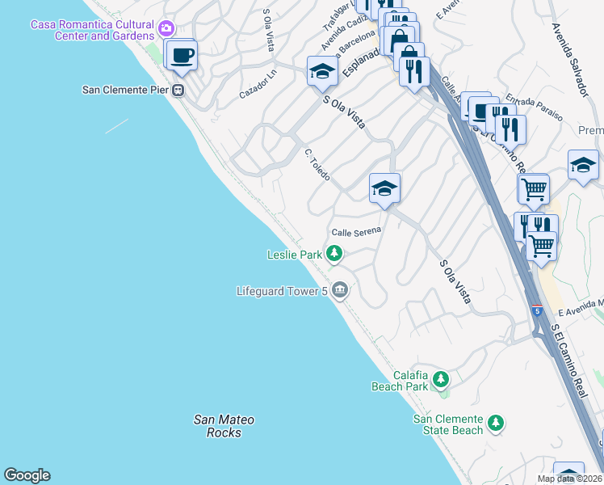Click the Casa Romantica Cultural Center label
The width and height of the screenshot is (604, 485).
click(91, 30)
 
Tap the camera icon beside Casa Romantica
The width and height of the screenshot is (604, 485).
click(167, 29)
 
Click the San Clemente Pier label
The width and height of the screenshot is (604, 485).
click(124, 90)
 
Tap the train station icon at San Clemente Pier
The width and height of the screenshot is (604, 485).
click(177, 90)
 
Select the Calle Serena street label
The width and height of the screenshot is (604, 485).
click(355, 231)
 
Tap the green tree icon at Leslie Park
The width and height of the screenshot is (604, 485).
click(334, 255)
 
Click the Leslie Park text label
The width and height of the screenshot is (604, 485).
click(295, 255)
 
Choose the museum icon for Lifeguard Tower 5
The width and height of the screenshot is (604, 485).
click(340, 289)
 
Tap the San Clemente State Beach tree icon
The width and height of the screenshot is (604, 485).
click(496, 422)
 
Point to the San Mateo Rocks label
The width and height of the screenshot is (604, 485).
click(224, 426)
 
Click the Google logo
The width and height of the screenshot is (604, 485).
click(27, 475)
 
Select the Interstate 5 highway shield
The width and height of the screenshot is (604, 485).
click(536, 310)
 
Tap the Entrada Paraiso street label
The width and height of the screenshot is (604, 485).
click(534, 109)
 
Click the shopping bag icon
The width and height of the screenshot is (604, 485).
click(398, 40)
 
